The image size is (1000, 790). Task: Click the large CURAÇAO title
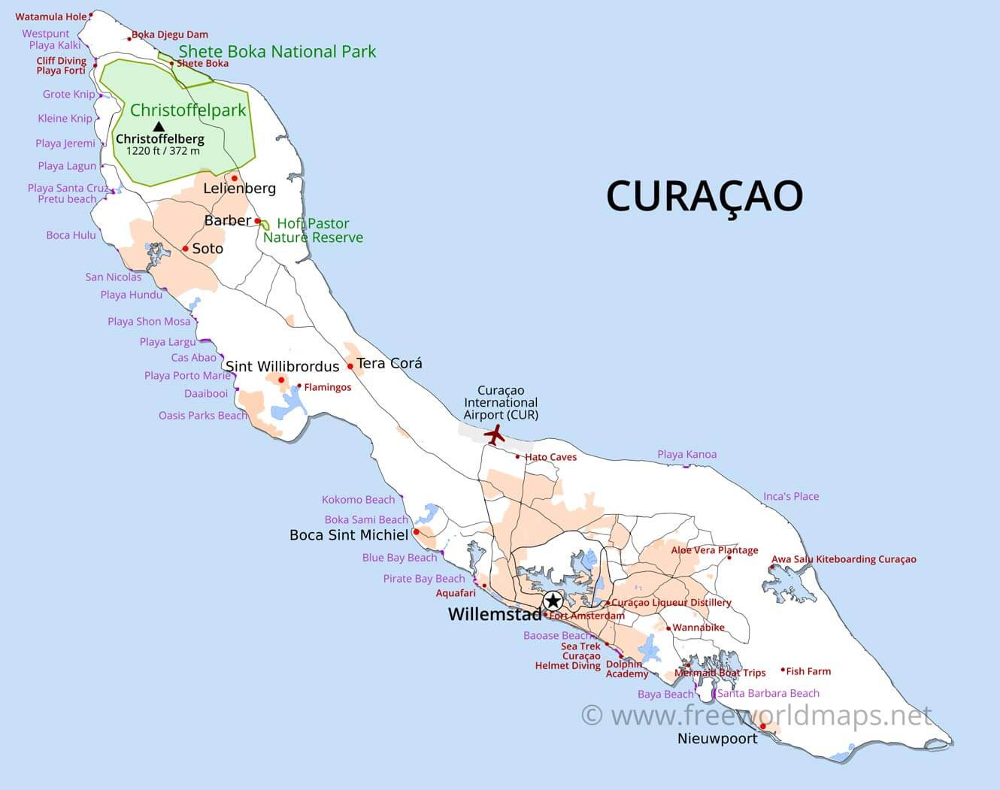coord(705,195)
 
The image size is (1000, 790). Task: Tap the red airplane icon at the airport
coord(494,434)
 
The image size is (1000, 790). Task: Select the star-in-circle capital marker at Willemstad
coord(553,601)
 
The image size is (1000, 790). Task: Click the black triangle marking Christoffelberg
coord(159,126)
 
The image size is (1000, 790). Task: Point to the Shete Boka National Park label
coord(277,52)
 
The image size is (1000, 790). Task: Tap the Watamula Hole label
coord(50,17)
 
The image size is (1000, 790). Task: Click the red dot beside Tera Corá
coord(350,367)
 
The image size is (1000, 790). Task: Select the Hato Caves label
coord(550,457)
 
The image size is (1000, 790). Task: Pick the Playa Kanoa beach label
coord(686,454)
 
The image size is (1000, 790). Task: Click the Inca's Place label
coord(791,496)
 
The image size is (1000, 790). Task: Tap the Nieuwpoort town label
coord(717,739)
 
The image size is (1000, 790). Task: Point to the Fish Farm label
coord(808,671)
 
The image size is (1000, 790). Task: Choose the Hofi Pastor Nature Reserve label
coord(313,230)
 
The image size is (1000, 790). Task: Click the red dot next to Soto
coord(185,249)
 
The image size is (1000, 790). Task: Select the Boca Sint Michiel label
coord(349,535)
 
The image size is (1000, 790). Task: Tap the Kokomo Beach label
coord(358,500)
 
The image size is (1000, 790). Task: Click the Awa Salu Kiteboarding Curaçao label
coord(844,559)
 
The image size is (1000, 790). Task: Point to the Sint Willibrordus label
coord(282,367)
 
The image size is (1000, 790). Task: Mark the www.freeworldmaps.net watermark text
coord(757,715)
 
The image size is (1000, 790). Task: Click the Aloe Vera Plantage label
coord(714,550)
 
